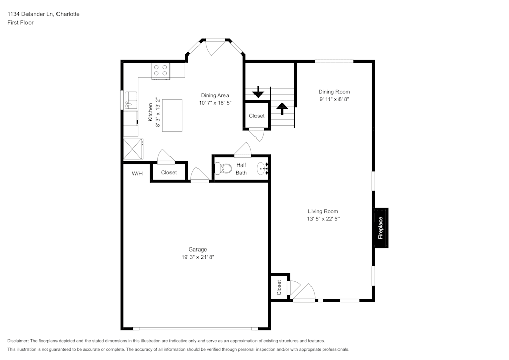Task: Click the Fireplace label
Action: pos(380,228)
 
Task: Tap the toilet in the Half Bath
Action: pos(223,168)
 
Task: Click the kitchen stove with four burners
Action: pos(161,70)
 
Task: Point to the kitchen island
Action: pos(172,116)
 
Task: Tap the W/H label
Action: pos(137,173)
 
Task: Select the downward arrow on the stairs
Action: pos(258,92)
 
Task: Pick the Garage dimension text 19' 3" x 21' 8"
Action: pos(197,257)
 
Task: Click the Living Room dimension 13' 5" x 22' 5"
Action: pos(323,219)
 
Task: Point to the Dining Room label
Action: pos(334,92)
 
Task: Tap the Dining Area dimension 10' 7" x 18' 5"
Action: pos(215,102)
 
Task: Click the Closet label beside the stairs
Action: pos(257,116)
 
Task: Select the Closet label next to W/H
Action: pos(168,172)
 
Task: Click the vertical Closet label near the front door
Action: pos(279,287)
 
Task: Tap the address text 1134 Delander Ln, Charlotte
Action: pos(43,14)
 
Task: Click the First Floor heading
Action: pos(20,23)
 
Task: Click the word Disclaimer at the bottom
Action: pos(18,341)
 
